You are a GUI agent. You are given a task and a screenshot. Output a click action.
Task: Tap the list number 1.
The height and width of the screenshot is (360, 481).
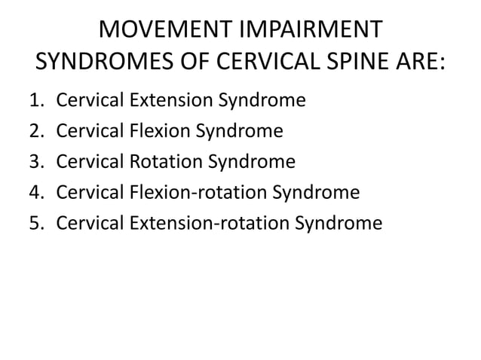pos(41,100)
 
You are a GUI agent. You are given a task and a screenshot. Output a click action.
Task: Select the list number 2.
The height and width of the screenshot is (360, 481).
pos(41,131)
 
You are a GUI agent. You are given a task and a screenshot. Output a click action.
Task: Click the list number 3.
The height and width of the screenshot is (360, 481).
pos(41,162)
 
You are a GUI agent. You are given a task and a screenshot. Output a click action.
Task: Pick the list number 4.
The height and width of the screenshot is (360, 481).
pos(41,193)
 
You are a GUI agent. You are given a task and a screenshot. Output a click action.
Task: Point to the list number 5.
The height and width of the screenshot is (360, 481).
pos(41,224)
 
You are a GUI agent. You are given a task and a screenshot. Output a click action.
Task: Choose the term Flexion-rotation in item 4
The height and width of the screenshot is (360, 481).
pos(188,193)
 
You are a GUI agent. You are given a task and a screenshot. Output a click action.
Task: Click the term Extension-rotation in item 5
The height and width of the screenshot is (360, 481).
pos(198,224)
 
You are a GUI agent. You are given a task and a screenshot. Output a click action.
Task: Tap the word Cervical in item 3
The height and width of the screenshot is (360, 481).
pos(85,162)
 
